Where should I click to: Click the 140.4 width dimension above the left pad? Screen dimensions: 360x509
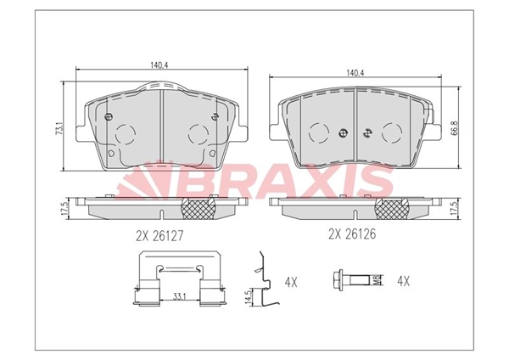[x=160, y=64]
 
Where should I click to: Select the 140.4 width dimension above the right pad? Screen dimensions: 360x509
[x=355, y=72]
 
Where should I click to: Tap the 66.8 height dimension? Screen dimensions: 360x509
[x=456, y=128]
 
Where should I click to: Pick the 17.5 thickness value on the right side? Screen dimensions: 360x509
[x=456, y=207]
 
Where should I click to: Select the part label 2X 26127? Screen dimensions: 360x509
[x=159, y=233]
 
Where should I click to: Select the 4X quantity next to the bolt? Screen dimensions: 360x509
[x=404, y=279]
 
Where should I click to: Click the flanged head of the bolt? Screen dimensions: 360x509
[x=338, y=278]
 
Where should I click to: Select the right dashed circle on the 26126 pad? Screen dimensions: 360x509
[x=392, y=131]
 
